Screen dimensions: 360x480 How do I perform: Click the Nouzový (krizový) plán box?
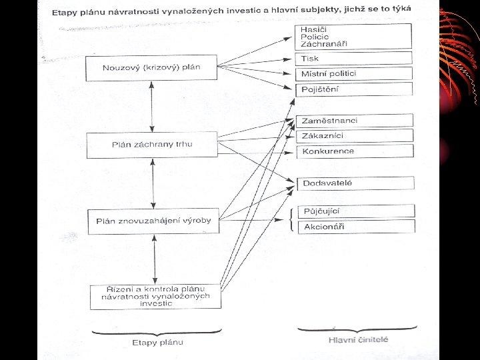(151, 68)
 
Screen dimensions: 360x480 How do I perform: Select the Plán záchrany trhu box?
(151, 144)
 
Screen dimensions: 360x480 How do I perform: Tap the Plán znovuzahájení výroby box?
(153, 221)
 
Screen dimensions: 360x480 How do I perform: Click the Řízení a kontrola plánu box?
(156, 297)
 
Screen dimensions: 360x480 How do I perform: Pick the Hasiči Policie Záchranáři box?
(354, 36)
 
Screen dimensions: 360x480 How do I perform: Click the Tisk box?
(354, 59)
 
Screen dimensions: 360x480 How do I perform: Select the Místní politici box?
(354, 73)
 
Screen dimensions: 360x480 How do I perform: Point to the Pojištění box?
(354, 89)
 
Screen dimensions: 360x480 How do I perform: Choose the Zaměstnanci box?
(354, 121)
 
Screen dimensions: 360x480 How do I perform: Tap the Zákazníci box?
(354, 136)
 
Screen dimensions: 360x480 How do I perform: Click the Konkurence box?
(354, 151)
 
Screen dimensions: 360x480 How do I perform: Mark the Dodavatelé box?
(354, 183)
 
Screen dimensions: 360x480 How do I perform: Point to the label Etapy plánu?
(157, 343)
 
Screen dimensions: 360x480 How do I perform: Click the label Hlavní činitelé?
(357, 341)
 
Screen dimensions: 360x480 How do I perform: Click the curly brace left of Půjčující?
(292, 219)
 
